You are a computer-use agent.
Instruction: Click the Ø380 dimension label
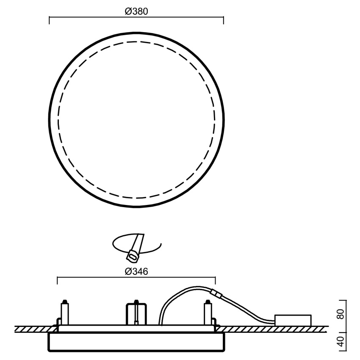[x=136, y=11]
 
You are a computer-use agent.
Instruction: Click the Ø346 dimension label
[x=136, y=271]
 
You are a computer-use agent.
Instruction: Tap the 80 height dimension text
[x=341, y=314]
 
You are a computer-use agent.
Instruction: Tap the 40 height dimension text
[x=341, y=341]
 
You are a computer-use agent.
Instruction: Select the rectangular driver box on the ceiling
[x=293, y=320]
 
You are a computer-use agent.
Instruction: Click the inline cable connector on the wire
[x=216, y=294]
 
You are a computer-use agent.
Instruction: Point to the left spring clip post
[x=64, y=312]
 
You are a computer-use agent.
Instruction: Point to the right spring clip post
[x=208, y=312]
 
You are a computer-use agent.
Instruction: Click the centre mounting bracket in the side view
[x=136, y=313]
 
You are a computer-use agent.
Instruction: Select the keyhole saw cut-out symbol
[x=136, y=247]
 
